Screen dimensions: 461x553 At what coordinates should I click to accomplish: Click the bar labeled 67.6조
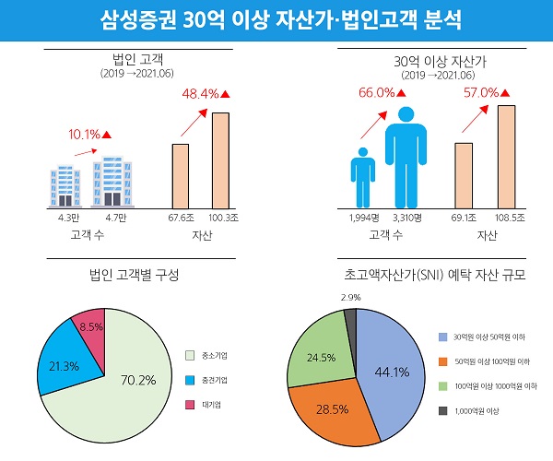[x=181, y=175]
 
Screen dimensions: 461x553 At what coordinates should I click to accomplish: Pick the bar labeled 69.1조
[x=464, y=174]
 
